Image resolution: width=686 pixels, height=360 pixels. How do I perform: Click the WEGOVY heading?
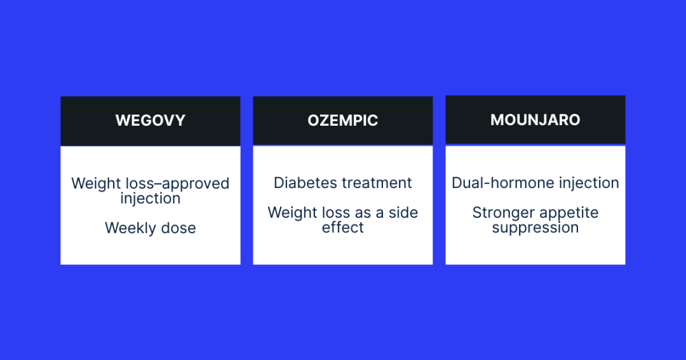pyautogui.click(x=151, y=121)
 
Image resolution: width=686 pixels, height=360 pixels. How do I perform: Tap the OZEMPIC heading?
pyautogui.click(x=343, y=121)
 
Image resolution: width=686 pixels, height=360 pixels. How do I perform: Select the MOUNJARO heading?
pyautogui.click(x=535, y=120)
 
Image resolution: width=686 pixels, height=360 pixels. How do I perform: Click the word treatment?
pyautogui.click(x=378, y=183)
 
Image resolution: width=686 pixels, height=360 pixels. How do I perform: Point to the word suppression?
pyautogui.click(x=535, y=228)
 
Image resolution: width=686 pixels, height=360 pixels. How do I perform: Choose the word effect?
pyautogui.click(x=343, y=228)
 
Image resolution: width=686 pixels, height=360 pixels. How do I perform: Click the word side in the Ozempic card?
pyautogui.click(x=403, y=213)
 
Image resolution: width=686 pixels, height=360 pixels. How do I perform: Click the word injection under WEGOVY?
pyautogui.click(x=151, y=199)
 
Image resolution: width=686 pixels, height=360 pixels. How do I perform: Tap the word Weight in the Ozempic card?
pyautogui.click(x=291, y=213)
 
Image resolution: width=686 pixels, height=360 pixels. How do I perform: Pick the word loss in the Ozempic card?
pyautogui.click(x=335, y=213)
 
